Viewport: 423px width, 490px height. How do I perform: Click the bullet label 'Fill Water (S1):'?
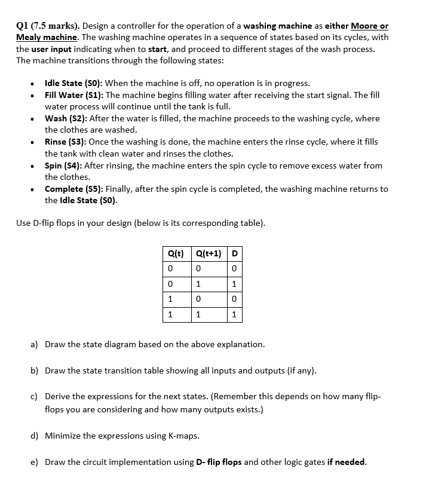point(74,95)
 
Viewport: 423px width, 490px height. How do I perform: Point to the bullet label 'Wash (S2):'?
point(66,118)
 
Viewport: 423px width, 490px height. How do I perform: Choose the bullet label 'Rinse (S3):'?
point(67,142)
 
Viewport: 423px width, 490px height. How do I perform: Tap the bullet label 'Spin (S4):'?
point(65,166)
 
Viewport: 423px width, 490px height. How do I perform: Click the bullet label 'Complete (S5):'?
point(73,189)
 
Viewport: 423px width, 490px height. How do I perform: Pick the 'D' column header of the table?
point(234,253)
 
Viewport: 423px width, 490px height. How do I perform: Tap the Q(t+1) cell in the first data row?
point(198,268)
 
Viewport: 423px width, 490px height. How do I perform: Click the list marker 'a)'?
point(35,344)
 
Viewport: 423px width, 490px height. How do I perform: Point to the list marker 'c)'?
point(35,396)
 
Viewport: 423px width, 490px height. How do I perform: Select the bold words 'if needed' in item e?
point(346,462)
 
